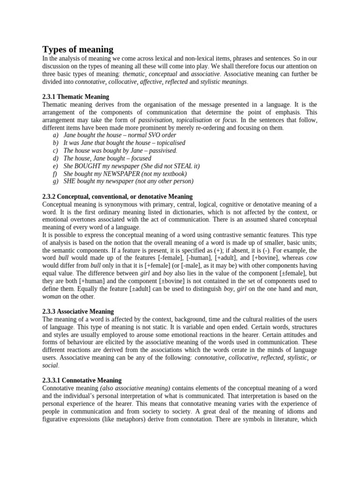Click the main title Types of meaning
pos(78,49)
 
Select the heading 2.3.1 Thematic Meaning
pos(75,97)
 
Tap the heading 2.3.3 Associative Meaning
pos(78,311)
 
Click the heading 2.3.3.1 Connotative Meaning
pos(82,380)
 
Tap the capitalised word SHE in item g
pos(71,181)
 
